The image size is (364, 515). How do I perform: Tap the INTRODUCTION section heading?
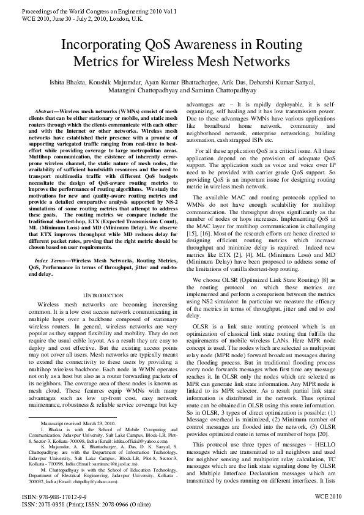point(103,295)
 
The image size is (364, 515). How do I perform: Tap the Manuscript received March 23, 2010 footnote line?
point(78,423)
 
